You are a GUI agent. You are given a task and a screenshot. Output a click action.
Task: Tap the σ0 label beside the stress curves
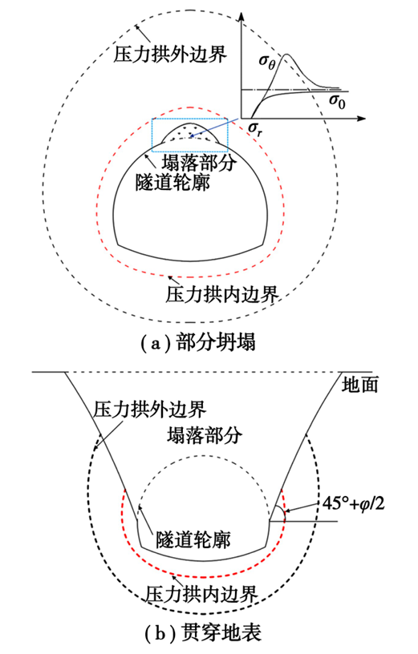(x=337, y=100)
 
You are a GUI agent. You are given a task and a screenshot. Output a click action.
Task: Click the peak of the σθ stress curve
(x=287, y=54)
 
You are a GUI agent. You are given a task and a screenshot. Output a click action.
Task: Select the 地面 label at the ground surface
(x=360, y=385)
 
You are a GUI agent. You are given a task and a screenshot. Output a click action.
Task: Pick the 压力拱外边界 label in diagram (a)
(x=170, y=54)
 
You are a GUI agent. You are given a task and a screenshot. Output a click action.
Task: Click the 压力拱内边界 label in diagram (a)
(x=222, y=294)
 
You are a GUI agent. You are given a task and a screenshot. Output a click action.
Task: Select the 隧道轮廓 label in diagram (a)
(x=172, y=182)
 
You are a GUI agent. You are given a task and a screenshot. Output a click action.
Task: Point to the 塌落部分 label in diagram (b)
(x=205, y=435)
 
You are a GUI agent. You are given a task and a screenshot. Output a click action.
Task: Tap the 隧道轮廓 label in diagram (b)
(x=193, y=540)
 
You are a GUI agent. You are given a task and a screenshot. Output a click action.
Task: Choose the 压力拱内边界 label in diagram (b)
(x=201, y=594)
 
